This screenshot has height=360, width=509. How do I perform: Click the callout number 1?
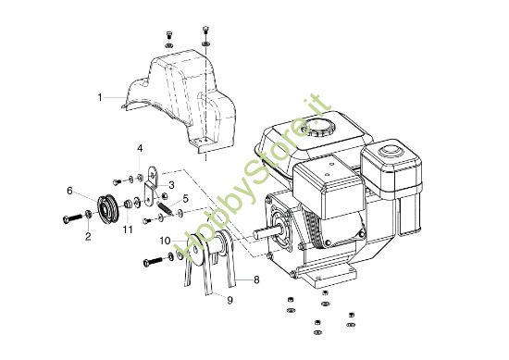100,96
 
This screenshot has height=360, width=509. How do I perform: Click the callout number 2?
88,237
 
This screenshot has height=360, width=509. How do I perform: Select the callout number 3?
170,185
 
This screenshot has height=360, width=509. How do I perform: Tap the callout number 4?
140,148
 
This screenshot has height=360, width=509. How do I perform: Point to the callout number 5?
185,198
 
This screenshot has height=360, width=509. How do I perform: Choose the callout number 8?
256,278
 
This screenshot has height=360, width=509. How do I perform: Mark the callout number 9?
230,300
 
